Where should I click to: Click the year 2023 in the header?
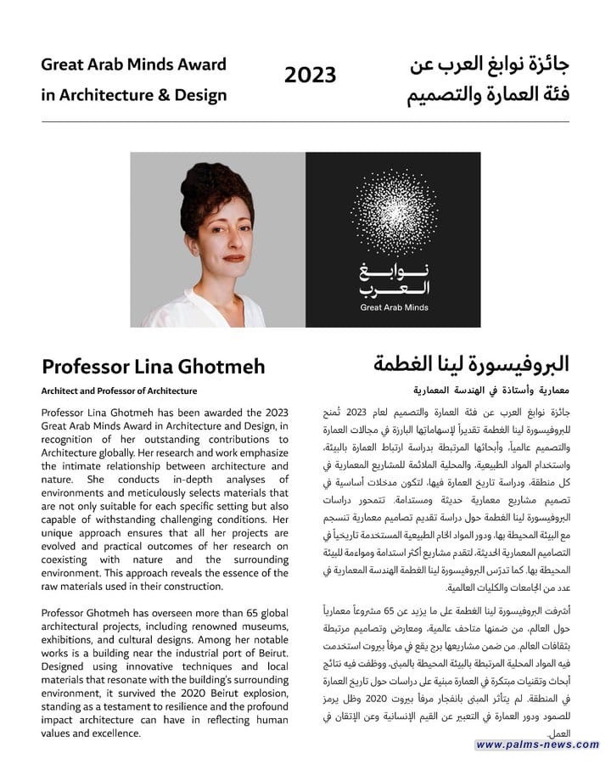point(310,76)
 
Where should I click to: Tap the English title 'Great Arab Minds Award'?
point(133,64)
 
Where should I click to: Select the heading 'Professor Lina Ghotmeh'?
point(153,366)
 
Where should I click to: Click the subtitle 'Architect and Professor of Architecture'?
point(119,391)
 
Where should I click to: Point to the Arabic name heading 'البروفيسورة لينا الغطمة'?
point(471,364)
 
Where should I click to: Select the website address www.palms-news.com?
point(537,744)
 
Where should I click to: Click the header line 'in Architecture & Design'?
point(133,94)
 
